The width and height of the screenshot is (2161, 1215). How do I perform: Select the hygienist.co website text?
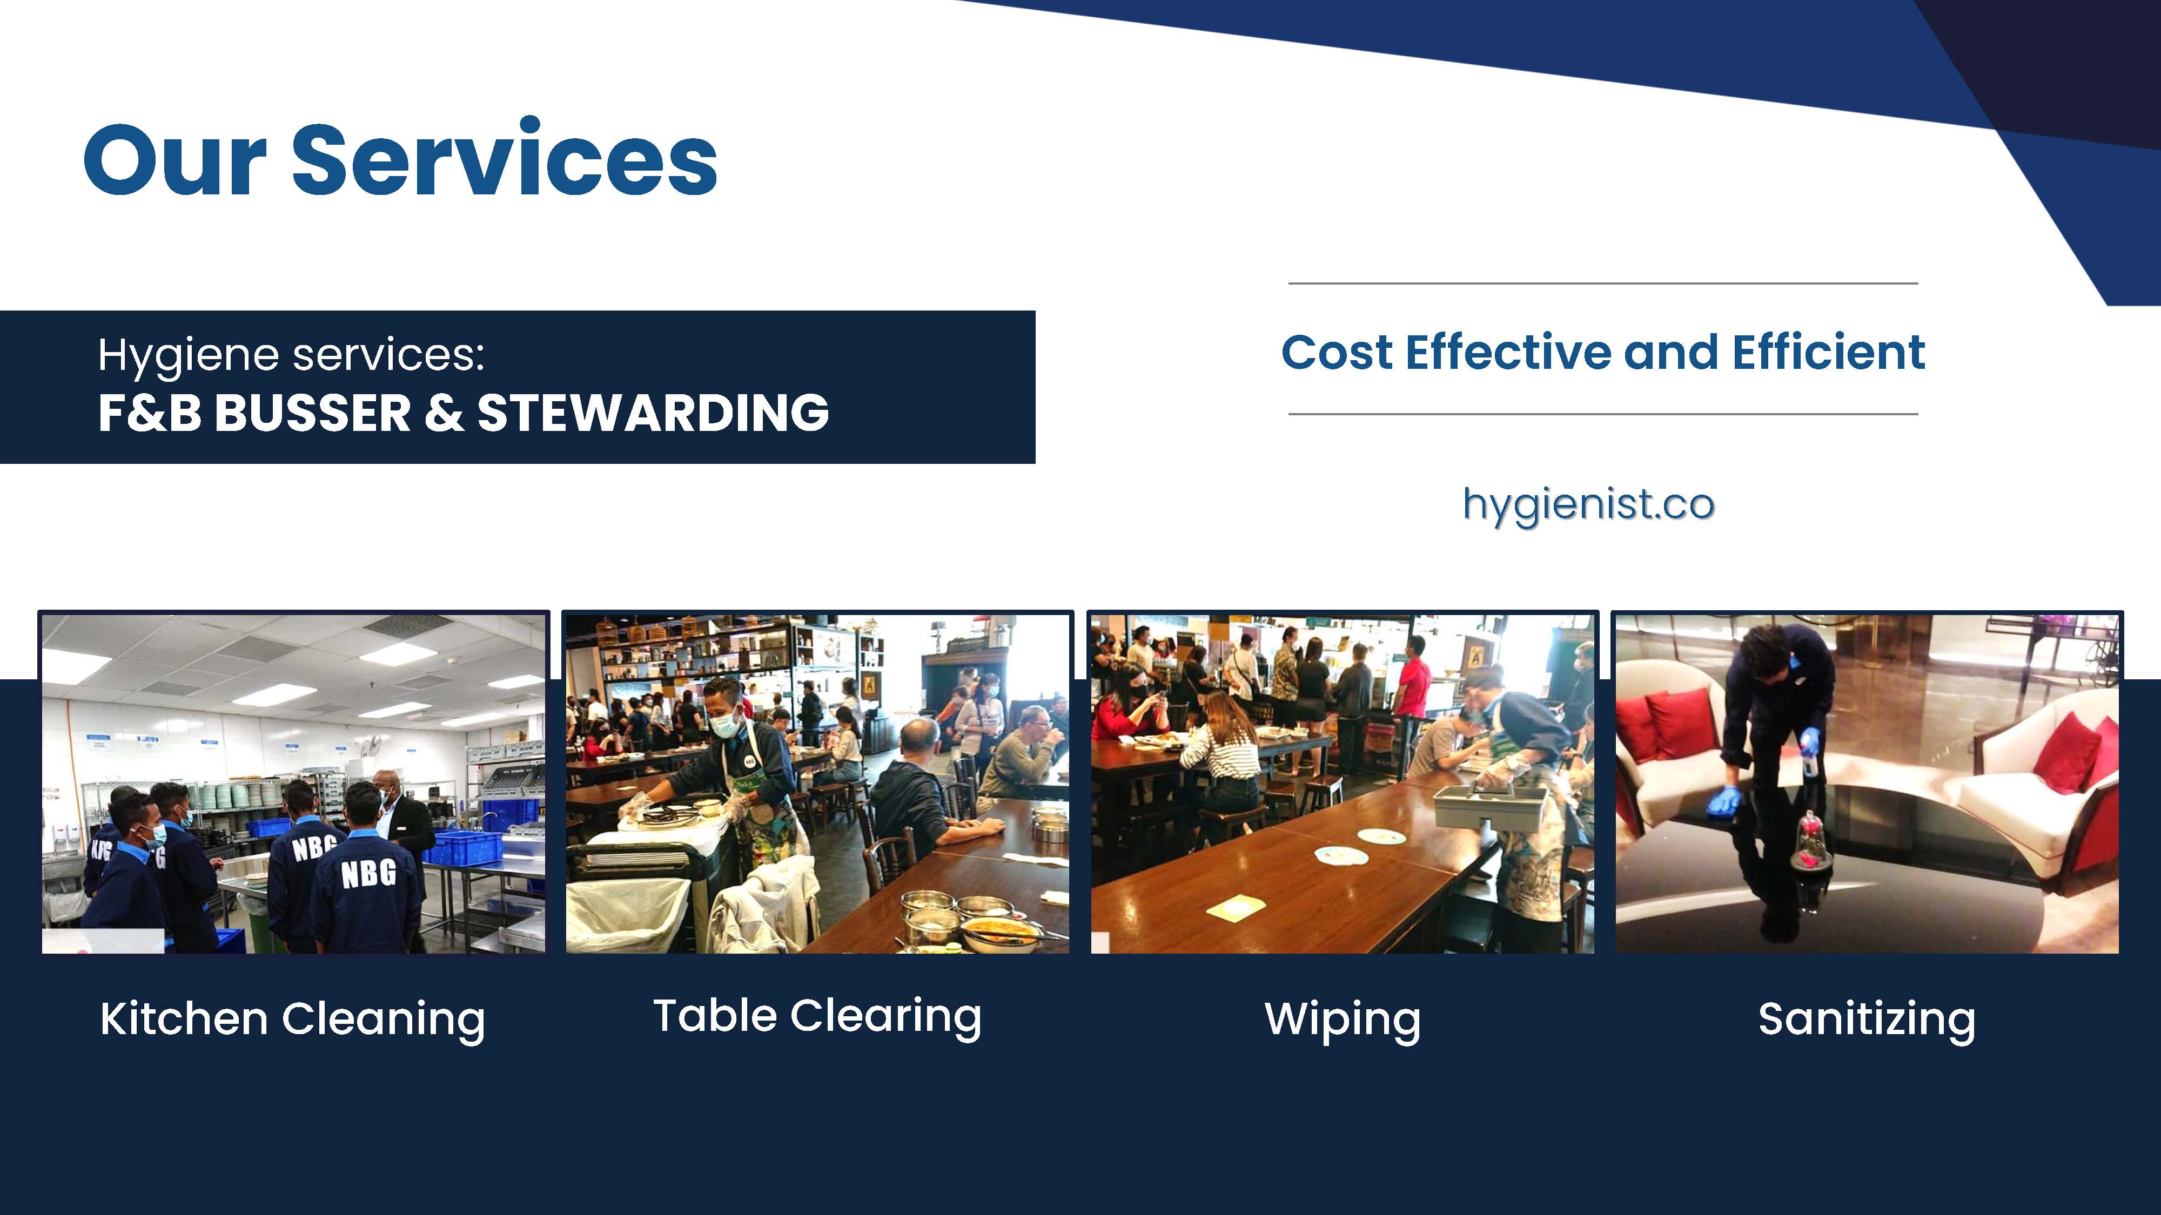pyautogui.click(x=1588, y=505)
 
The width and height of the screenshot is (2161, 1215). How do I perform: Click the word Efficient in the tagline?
pyautogui.click(x=1829, y=352)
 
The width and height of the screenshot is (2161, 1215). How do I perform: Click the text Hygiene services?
pyautogui.click(x=291, y=355)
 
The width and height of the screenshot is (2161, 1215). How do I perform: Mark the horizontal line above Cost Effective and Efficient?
pyautogui.click(x=1603, y=283)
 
